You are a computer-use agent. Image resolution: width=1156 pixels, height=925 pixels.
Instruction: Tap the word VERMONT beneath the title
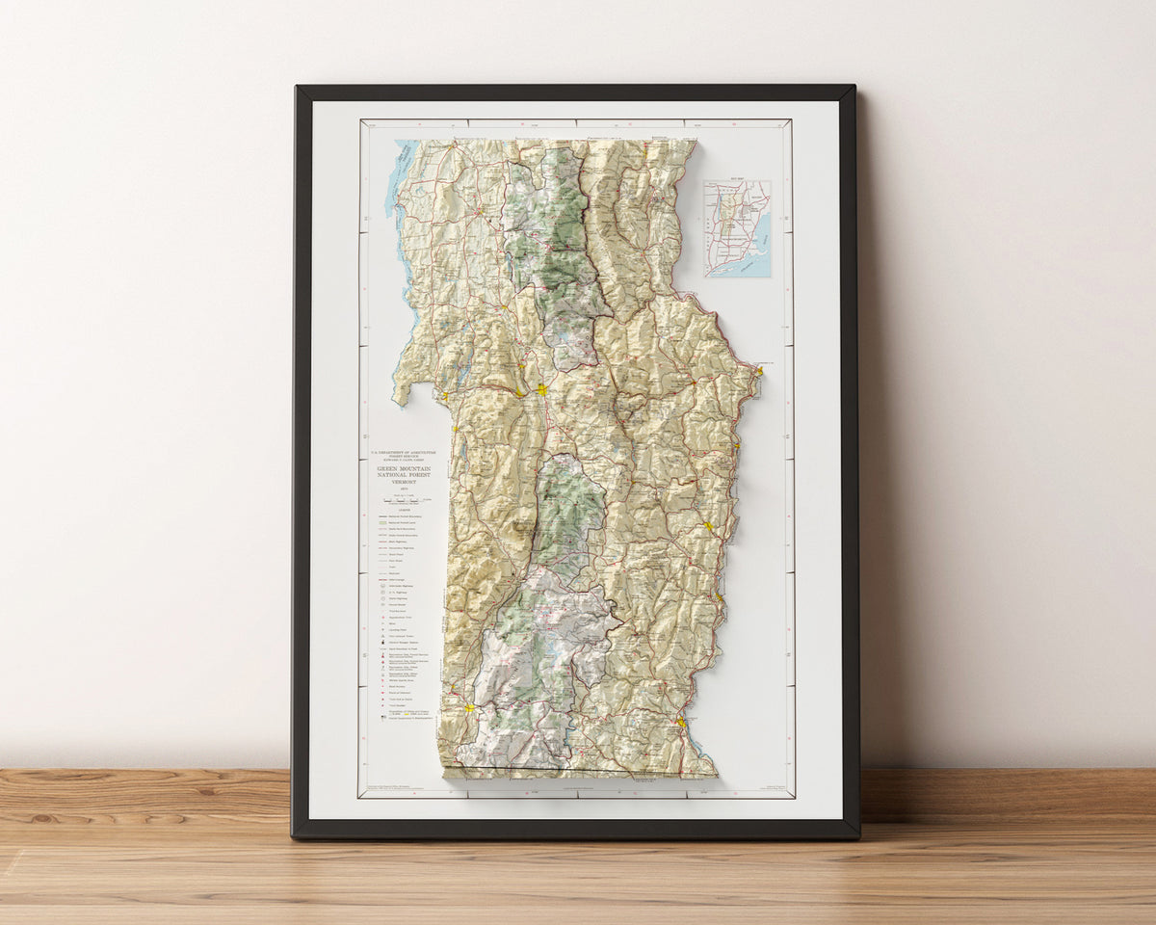pos(398,485)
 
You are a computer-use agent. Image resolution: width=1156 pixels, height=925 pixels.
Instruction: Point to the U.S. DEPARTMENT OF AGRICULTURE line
pos(398,451)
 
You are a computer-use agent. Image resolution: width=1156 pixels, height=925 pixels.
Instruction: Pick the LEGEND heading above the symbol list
pos(398,511)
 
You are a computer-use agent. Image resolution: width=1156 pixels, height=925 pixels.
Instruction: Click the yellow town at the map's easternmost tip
pos(759,370)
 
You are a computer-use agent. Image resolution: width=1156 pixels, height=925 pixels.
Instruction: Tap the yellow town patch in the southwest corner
pos(469,708)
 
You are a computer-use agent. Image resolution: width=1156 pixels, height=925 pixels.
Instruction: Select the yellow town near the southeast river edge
pos(681,721)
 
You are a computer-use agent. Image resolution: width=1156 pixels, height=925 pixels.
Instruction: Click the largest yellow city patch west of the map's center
pos(542,389)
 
